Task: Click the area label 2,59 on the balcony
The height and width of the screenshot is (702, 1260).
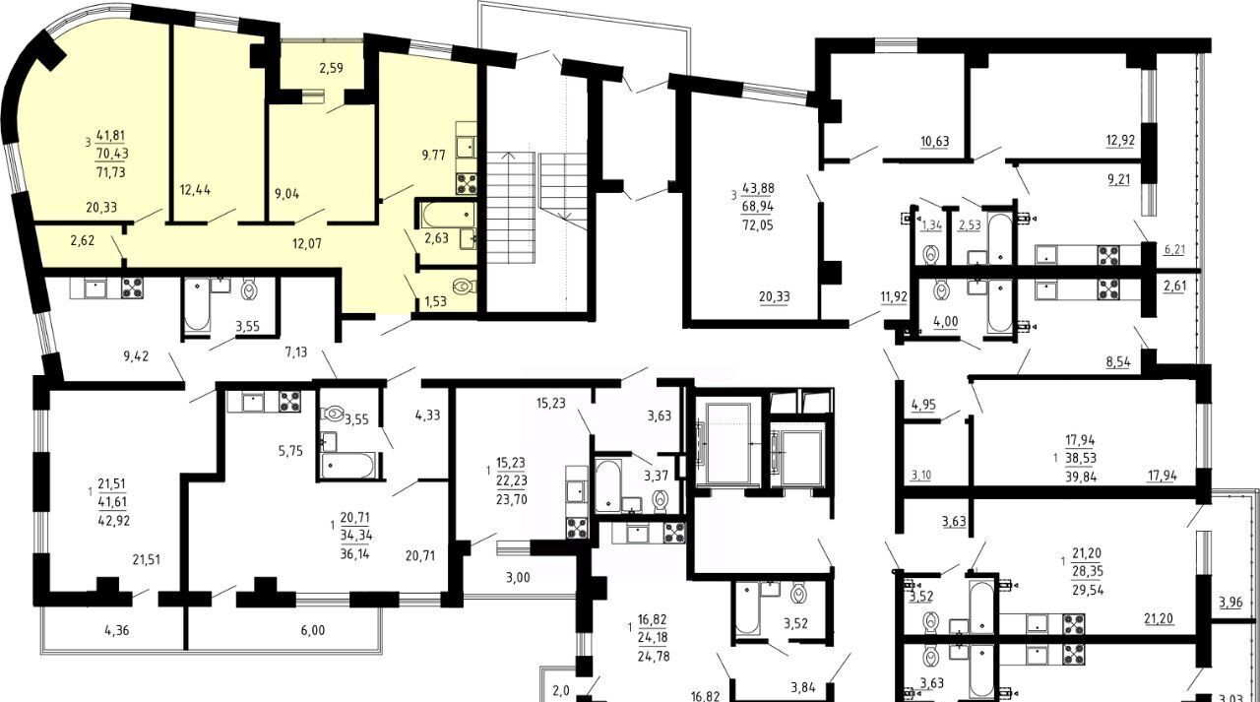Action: (332, 69)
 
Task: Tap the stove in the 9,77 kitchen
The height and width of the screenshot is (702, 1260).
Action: (467, 183)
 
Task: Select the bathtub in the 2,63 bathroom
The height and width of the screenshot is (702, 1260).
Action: (448, 215)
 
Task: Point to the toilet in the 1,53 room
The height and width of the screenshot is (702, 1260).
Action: (464, 287)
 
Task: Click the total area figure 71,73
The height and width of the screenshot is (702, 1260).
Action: (111, 172)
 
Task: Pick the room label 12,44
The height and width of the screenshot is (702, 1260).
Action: (195, 190)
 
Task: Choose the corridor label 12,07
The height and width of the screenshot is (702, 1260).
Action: (307, 243)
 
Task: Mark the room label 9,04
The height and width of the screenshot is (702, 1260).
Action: (285, 194)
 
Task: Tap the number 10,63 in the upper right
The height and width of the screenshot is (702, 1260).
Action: (935, 141)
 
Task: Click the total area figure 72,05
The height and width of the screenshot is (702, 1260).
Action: (758, 225)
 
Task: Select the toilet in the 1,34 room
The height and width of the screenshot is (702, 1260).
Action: (931, 254)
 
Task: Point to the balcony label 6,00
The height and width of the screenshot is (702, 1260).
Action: (313, 630)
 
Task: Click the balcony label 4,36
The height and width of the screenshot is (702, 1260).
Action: (117, 630)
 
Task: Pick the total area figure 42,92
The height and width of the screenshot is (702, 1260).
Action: (113, 520)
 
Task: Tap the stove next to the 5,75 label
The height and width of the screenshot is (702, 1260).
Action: (290, 401)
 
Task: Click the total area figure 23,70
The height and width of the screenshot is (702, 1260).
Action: (512, 499)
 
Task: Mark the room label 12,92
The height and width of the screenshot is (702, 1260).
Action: (1120, 140)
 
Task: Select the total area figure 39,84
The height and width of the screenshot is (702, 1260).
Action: (1081, 477)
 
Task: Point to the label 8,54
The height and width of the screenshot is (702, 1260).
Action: (1118, 362)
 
